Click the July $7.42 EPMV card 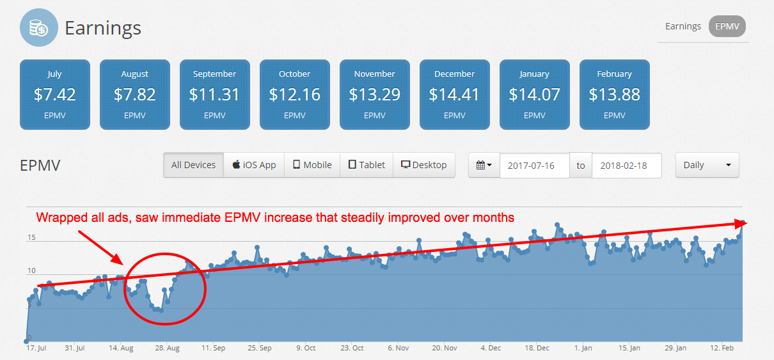coord(55,94)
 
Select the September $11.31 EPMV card coord(214,94)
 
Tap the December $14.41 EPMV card coord(454,94)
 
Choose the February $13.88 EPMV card coord(614,94)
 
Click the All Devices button coord(193,165)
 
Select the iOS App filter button coord(254,165)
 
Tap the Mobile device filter coord(312,165)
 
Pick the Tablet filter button coord(367,165)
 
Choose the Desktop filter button coord(423,165)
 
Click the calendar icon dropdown coord(484,165)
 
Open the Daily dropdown coord(707,165)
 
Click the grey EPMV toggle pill coord(727,26)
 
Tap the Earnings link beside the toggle coord(683,26)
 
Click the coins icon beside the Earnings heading coord(39,28)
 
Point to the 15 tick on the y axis coord(31,239)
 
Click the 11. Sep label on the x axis coord(213,348)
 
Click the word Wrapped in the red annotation coord(59,217)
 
